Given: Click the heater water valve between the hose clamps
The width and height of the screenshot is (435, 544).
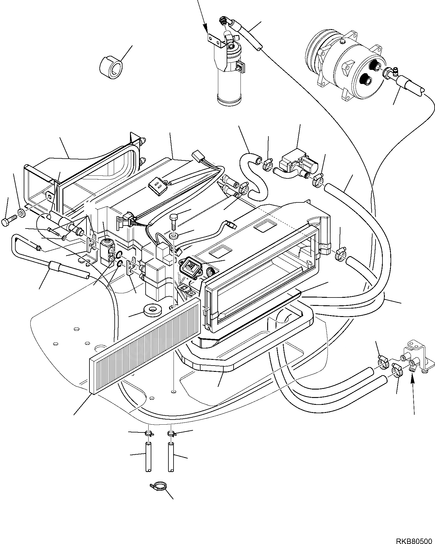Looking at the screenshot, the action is coord(296,165).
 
